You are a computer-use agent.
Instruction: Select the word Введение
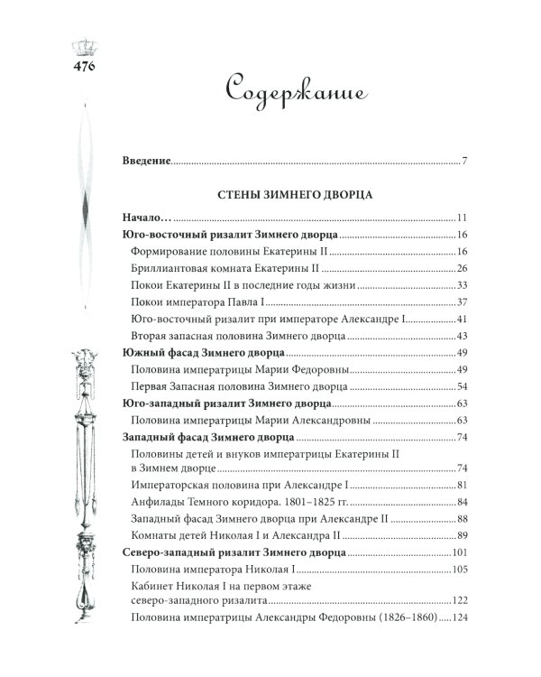point(146,162)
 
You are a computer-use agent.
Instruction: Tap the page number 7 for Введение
point(463,162)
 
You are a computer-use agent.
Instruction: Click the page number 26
point(461,269)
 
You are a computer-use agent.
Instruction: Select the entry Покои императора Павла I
point(201,302)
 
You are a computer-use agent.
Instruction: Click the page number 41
point(461,320)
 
